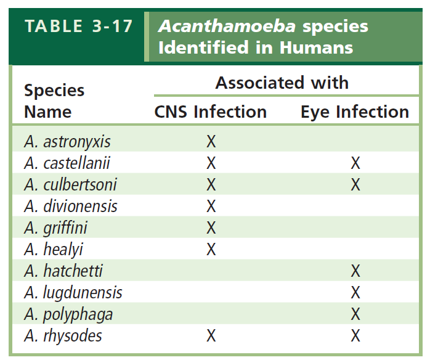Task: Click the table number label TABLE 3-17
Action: (x=78, y=27)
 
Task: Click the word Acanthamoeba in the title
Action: (x=227, y=27)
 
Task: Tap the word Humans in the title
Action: (x=316, y=47)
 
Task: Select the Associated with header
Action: (x=282, y=83)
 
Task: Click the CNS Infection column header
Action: (x=210, y=112)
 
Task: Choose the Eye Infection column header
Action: (x=355, y=112)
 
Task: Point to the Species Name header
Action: (x=54, y=101)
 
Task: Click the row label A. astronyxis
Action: (x=67, y=142)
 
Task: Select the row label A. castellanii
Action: (x=67, y=163)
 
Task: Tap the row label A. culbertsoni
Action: (x=70, y=184)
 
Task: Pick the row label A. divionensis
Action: (x=71, y=206)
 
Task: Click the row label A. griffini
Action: (x=55, y=228)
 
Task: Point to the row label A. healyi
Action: (x=54, y=250)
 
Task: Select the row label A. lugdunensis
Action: (x=73, y=292)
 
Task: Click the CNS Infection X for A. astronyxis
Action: (x=211, y=142)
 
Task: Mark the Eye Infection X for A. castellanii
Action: (x=355, y=163)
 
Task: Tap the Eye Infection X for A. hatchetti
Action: (x=355, y=271)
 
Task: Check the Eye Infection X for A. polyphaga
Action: (x=355, y=314)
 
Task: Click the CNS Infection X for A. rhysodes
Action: (x=211, y=335)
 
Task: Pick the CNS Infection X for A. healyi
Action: (x=211, y=250)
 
